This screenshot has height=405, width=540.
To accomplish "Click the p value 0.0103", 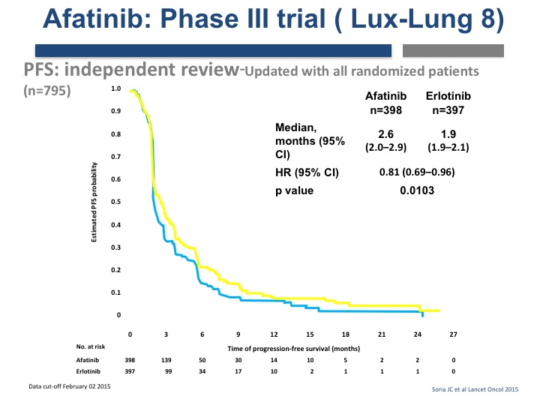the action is [x=417, y=190].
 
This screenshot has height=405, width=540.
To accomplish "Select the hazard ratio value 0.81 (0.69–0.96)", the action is [x=417, y=172].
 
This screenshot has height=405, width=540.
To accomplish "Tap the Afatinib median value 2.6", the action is [x=385, y=134].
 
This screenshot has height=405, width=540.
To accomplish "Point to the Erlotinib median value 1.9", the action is [x=448, y=134].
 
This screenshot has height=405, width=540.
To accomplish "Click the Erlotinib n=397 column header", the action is [x=448, y=103].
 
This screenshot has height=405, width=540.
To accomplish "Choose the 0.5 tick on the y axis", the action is [x=115, y=202].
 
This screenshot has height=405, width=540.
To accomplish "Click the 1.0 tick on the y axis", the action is [x=115, y=88].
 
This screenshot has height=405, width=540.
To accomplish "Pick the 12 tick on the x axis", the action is [x=274, y=334].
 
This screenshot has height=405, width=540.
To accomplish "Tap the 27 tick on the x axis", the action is [x=453, y=334].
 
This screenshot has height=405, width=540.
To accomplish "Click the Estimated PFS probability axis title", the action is [x=94, y=202].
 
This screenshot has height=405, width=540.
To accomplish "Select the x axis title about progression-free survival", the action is [x=294, y=349].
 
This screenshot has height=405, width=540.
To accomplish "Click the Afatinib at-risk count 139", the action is [x=166, y=360].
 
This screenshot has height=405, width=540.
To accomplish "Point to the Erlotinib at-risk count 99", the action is [x=169, y=371].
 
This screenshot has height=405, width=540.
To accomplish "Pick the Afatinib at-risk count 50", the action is [x=202, y=360].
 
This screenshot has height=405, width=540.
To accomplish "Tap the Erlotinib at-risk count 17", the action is [x=238, y=371].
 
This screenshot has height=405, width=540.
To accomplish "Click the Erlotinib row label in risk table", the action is [x=88, y=371].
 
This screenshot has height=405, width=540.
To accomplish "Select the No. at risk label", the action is [x=91, y=346].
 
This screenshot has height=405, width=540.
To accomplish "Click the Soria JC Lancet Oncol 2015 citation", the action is [x=475, y=389].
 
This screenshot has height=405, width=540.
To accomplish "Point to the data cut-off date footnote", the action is [x=70, y=386].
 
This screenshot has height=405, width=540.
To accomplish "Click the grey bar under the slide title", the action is [x=453, y=51].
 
